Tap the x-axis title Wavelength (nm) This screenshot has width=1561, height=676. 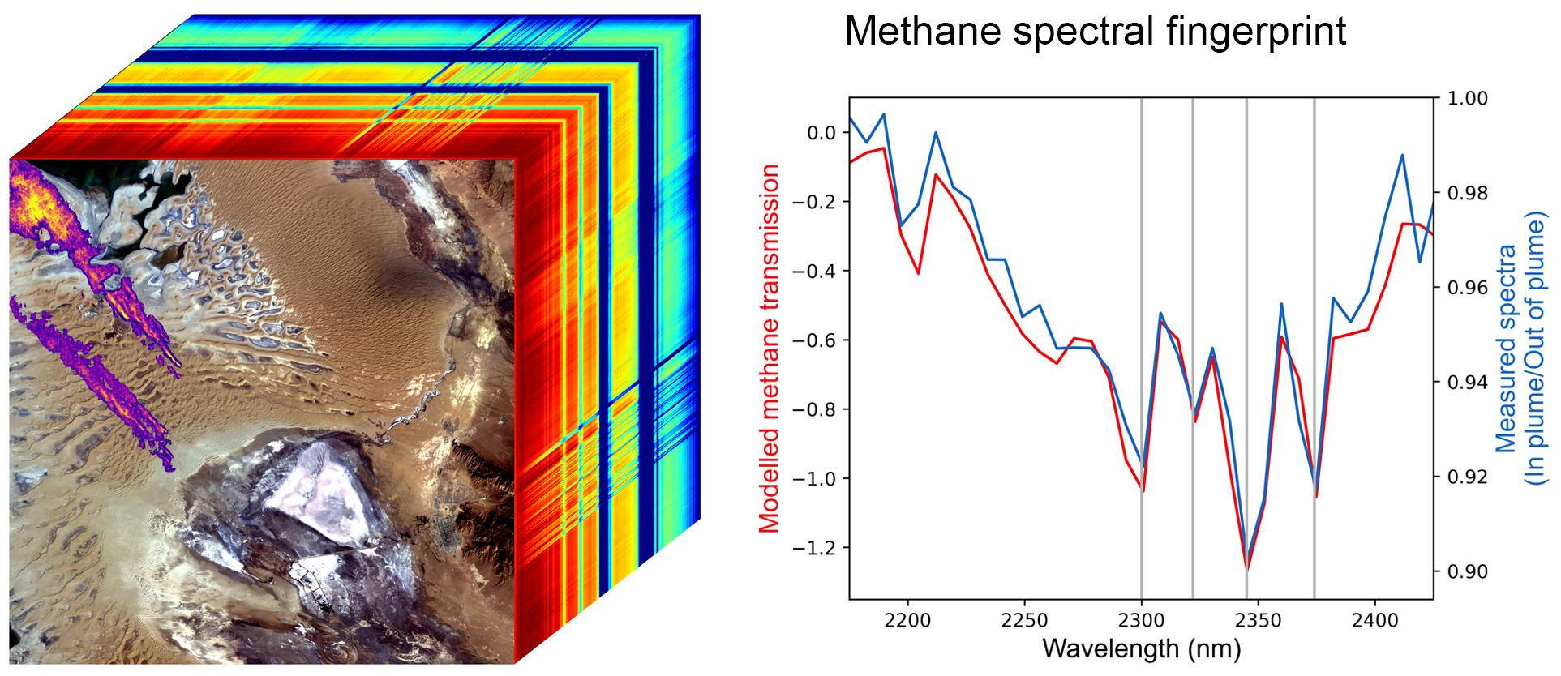(x=1141, y=648)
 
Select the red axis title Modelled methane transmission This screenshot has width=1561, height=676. (x=770, y=349)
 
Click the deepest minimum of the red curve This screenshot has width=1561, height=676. (x=1247, y=569)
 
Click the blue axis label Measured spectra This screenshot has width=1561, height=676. (x=1506, y=349)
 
